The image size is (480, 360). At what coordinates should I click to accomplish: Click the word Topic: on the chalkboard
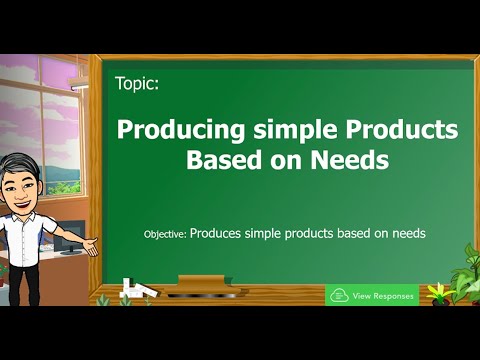pos(137,85)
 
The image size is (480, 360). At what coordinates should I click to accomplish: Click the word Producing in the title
pos(170,130)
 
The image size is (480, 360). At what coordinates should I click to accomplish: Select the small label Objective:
pos(165,233)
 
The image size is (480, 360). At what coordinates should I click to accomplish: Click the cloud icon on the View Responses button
pos(339,296)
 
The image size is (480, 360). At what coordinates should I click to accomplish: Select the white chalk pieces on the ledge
pos(135,291)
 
